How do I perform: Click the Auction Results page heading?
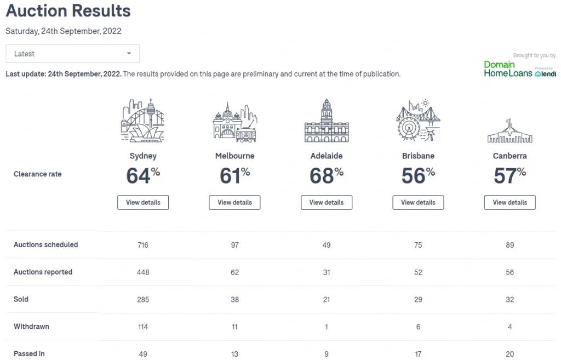[68, 10]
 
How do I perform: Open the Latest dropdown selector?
[72, 54]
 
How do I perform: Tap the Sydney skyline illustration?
[143, 121]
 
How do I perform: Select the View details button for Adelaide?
[327, 202]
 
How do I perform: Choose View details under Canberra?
[510, 202]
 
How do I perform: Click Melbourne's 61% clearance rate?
[234, 176]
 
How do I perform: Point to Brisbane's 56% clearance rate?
[418, 176]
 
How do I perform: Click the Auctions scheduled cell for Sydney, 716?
[143, 245]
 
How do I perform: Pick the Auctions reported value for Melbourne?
[234, 272]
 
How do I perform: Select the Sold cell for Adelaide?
[327, 299]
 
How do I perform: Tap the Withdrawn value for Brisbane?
[418, 327]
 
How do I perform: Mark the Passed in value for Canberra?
[510, 354]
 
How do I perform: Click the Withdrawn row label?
[31, 327]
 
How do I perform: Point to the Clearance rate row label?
[37, 174]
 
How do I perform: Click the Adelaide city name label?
[327, 156]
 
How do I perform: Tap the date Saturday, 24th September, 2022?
[64, 31]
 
